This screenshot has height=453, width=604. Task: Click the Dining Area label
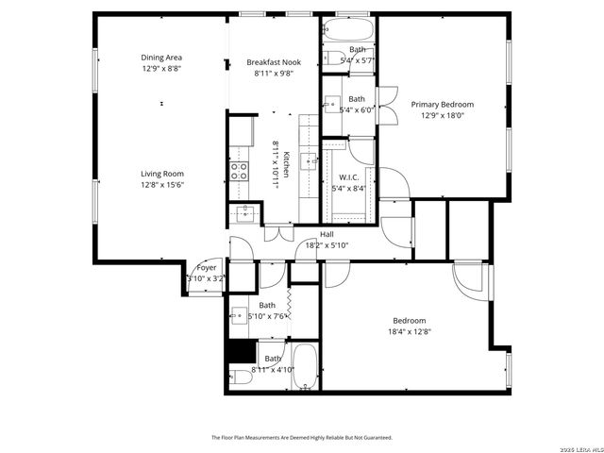[161, 58]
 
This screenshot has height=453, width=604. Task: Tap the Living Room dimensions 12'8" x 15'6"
[161, 185]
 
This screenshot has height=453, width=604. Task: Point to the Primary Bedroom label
[442, 104]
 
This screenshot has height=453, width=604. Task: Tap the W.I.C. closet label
[351, 176]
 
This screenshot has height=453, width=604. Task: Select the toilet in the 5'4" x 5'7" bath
[331, 56]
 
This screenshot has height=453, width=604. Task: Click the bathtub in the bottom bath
[304, 366]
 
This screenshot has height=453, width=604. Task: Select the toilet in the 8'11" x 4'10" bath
[241, 377]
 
